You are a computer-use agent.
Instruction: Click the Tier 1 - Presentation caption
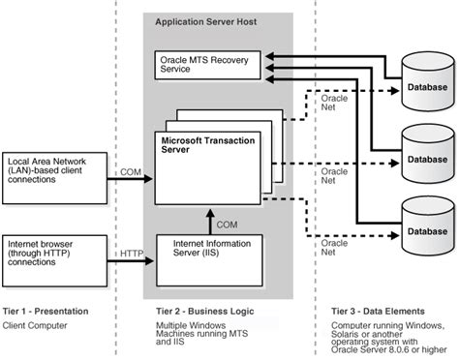pyautogui.click(x=47, y=312)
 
